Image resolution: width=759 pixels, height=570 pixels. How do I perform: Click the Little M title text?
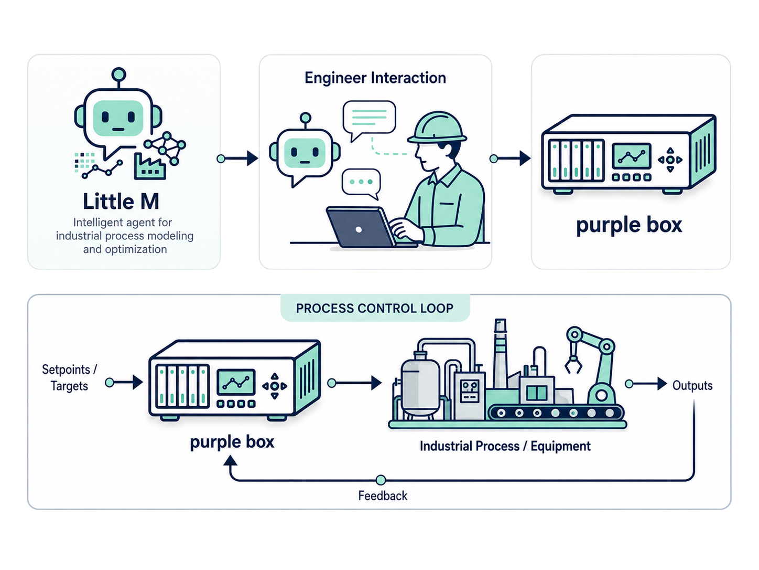tap(121, 202)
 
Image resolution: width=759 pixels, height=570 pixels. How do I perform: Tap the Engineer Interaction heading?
tap(375, 78)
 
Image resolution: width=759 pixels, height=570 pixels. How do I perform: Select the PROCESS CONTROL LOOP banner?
tap(375, 308)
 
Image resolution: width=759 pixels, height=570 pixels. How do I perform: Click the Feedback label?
tap(383, 495)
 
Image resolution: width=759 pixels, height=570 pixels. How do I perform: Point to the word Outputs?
tap(692, 385)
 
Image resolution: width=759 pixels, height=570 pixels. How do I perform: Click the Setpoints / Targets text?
tap(70, 377)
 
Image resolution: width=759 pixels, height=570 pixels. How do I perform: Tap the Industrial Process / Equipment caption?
tap(505, 446)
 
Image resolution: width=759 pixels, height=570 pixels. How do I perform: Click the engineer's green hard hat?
tap(437, 128)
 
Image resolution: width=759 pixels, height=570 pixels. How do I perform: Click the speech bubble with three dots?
tap(361, 183)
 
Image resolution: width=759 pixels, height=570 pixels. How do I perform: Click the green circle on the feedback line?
tap(381, 480)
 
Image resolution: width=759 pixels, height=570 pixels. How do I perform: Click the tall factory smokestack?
tap(500, 353)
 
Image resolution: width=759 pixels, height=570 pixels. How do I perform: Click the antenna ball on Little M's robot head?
tap(118, 74)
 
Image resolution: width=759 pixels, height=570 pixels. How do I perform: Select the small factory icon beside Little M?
tap(150, 167)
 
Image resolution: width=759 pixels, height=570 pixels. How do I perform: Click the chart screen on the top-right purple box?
tap(632, 156)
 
